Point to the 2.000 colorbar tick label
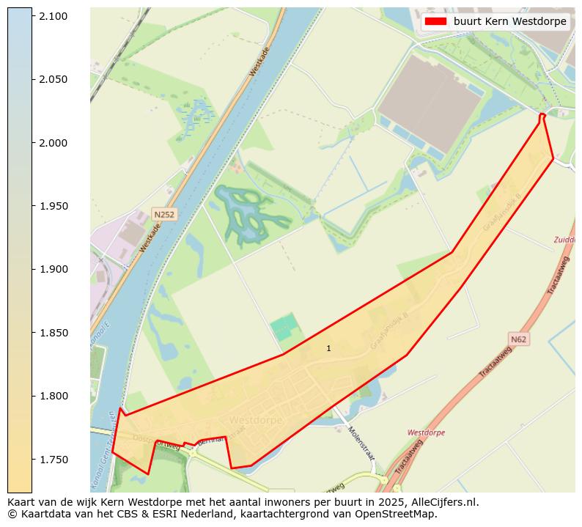pos(54,143)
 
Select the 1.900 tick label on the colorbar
pos(54,270)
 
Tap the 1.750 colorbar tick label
pos(54,460)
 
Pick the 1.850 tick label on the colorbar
pos(54,333)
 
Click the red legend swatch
pos(435,22)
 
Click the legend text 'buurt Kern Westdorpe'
pos(509,22)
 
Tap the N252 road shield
pos(163,214)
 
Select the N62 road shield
pos(518,339)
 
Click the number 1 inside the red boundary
pos(328,348)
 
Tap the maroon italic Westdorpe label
pos(426,433)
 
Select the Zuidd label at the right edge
pos(564,240)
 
